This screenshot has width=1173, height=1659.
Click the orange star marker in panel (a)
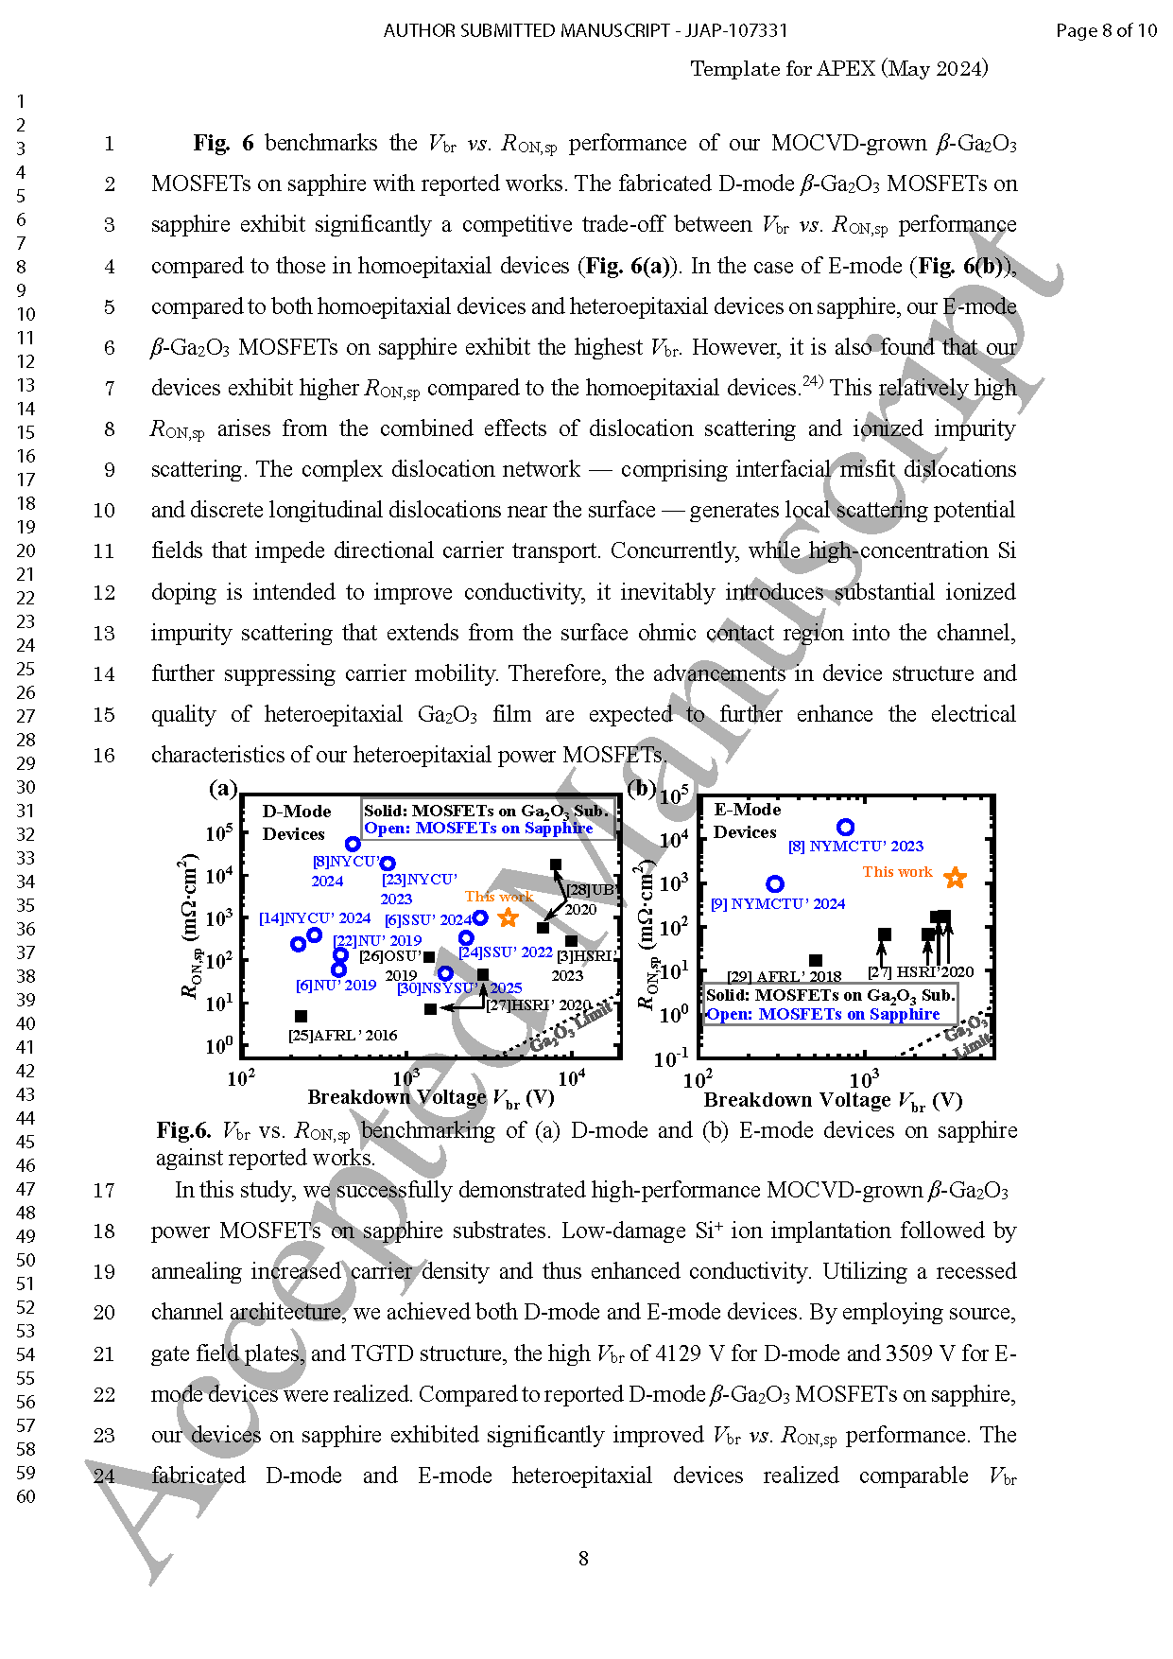[509, 917]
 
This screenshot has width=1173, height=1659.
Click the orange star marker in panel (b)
[955, 878]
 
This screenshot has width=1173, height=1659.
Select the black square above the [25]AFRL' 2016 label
[301, 1016]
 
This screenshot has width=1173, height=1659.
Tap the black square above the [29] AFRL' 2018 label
[816, 960]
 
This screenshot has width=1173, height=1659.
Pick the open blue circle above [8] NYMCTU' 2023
[846, 828]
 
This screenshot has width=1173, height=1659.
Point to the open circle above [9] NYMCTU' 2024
[775, 883]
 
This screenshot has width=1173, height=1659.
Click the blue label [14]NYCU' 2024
[315, 918]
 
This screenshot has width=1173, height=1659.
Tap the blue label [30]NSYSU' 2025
[459, 988]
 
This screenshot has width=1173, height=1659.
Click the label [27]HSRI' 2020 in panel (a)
[538, 1004]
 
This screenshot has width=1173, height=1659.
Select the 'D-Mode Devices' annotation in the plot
[296, 823]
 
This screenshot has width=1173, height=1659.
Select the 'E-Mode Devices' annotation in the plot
[747, 821]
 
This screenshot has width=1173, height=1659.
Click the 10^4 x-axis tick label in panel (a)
[571, 1078]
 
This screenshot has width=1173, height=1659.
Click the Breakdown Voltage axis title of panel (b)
[833, 1101]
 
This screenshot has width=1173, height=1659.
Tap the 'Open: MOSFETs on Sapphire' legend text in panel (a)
[478, 829]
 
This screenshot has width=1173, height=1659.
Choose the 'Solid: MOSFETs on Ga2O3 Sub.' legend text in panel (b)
[830, 995]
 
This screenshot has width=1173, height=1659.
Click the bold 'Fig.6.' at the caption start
[183, 1130]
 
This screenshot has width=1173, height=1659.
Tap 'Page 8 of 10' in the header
[1106, 30]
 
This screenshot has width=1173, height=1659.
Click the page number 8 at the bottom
[583, 1559]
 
